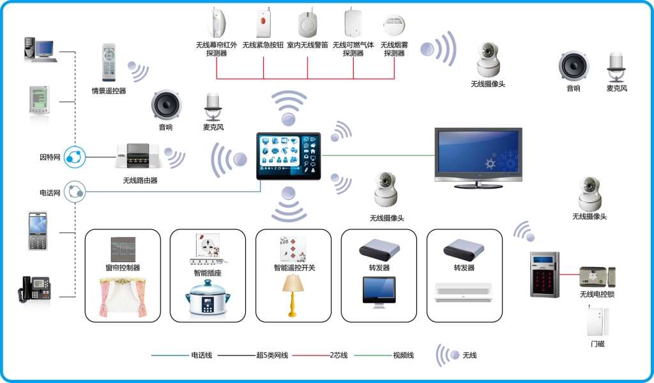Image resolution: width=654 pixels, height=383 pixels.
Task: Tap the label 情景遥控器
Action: pyautogui.click(x=109, y=91)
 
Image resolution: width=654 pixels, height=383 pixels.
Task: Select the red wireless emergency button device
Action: pyautogui.click(x=263, y=23)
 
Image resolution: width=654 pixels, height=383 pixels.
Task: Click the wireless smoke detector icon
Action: pyautogui.click(x=394, y=26)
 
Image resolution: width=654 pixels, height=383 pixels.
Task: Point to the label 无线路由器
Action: pyautogui.click(x=141, y=180)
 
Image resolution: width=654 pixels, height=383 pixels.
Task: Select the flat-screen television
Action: pyautogui.click(x=478, y=156)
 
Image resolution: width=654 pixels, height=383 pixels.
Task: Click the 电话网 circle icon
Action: pyautogui.click(x=75, y=191)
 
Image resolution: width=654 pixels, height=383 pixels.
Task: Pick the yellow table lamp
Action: pyautogui.click(x=293, y=295)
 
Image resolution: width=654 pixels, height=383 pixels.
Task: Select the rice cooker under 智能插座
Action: pyautogui.click(x=208, y=301)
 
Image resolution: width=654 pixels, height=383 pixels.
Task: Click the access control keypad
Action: pyautogui.click(x=544, y=274)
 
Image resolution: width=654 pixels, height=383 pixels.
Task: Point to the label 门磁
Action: pyautogui.click(x=598, y=344)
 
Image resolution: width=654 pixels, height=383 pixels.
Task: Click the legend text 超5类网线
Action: pyautogui.click(x=272, y=355)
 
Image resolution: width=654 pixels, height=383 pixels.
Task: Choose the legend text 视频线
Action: pyautogui.click(x=403, y=355)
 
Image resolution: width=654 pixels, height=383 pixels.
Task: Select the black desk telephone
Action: pyautogui.click(x=34, y=289)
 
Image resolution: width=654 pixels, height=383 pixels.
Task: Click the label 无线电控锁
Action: pyautogui.click(x=597, y=294)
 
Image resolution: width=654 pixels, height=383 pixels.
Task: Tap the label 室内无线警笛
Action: pyautogui.click(x=307, y=46)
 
